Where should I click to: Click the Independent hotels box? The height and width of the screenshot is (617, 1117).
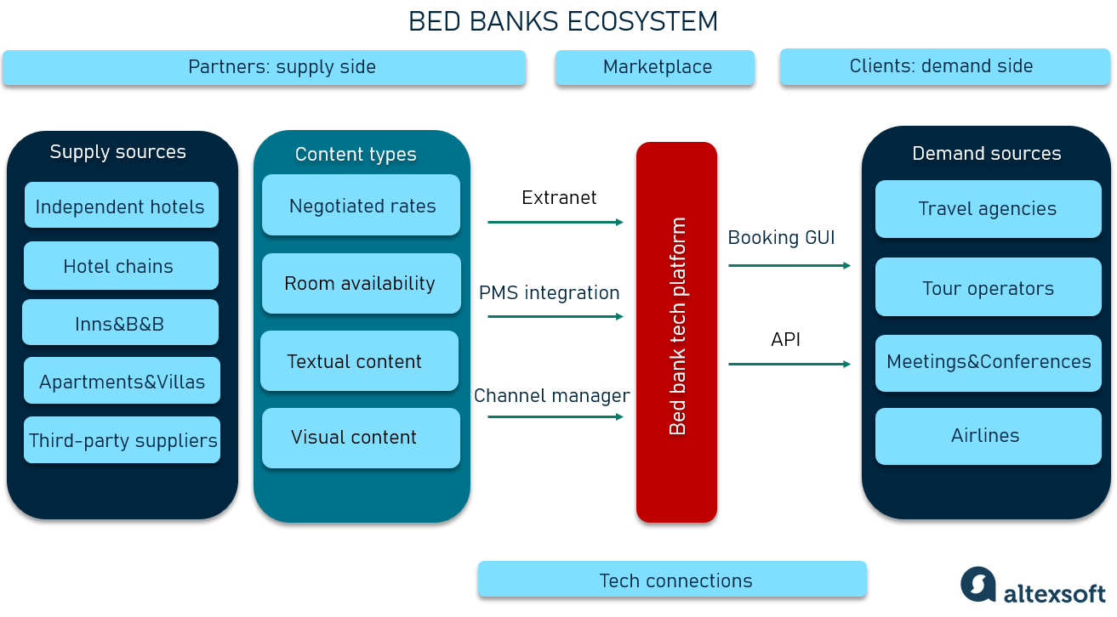tap(121, 206)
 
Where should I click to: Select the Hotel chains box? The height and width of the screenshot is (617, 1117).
tap(121, 266)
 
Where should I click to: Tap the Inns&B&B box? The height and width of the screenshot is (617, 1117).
tap(120, 323)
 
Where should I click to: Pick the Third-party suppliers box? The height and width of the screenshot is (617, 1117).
tap(122, 440)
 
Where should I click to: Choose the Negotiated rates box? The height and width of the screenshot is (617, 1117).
tap(361, 206)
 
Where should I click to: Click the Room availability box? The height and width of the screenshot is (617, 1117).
tap(361, 284)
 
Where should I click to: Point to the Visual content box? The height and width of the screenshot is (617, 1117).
tap(361, 438)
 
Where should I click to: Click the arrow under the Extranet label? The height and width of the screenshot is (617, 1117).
tap(556, 222)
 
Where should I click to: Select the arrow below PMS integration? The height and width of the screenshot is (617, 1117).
tap(556, 316)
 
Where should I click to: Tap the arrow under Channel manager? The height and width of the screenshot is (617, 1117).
tap(556, 416)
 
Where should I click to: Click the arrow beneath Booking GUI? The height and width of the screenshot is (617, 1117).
tap(789, 265)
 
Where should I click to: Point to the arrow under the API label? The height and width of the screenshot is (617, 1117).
tap(789, 364)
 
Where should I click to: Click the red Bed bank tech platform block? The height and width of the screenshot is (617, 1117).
tap(676, 331)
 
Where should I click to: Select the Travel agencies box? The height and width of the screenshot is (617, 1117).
tap(988, 209)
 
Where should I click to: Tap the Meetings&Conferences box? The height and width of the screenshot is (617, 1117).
tap(988, 363)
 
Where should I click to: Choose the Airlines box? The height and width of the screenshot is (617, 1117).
tap(988, 436)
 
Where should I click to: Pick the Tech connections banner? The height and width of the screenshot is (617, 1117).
tap(672, 580)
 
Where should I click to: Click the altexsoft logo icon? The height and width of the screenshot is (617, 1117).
tap(978, 585)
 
